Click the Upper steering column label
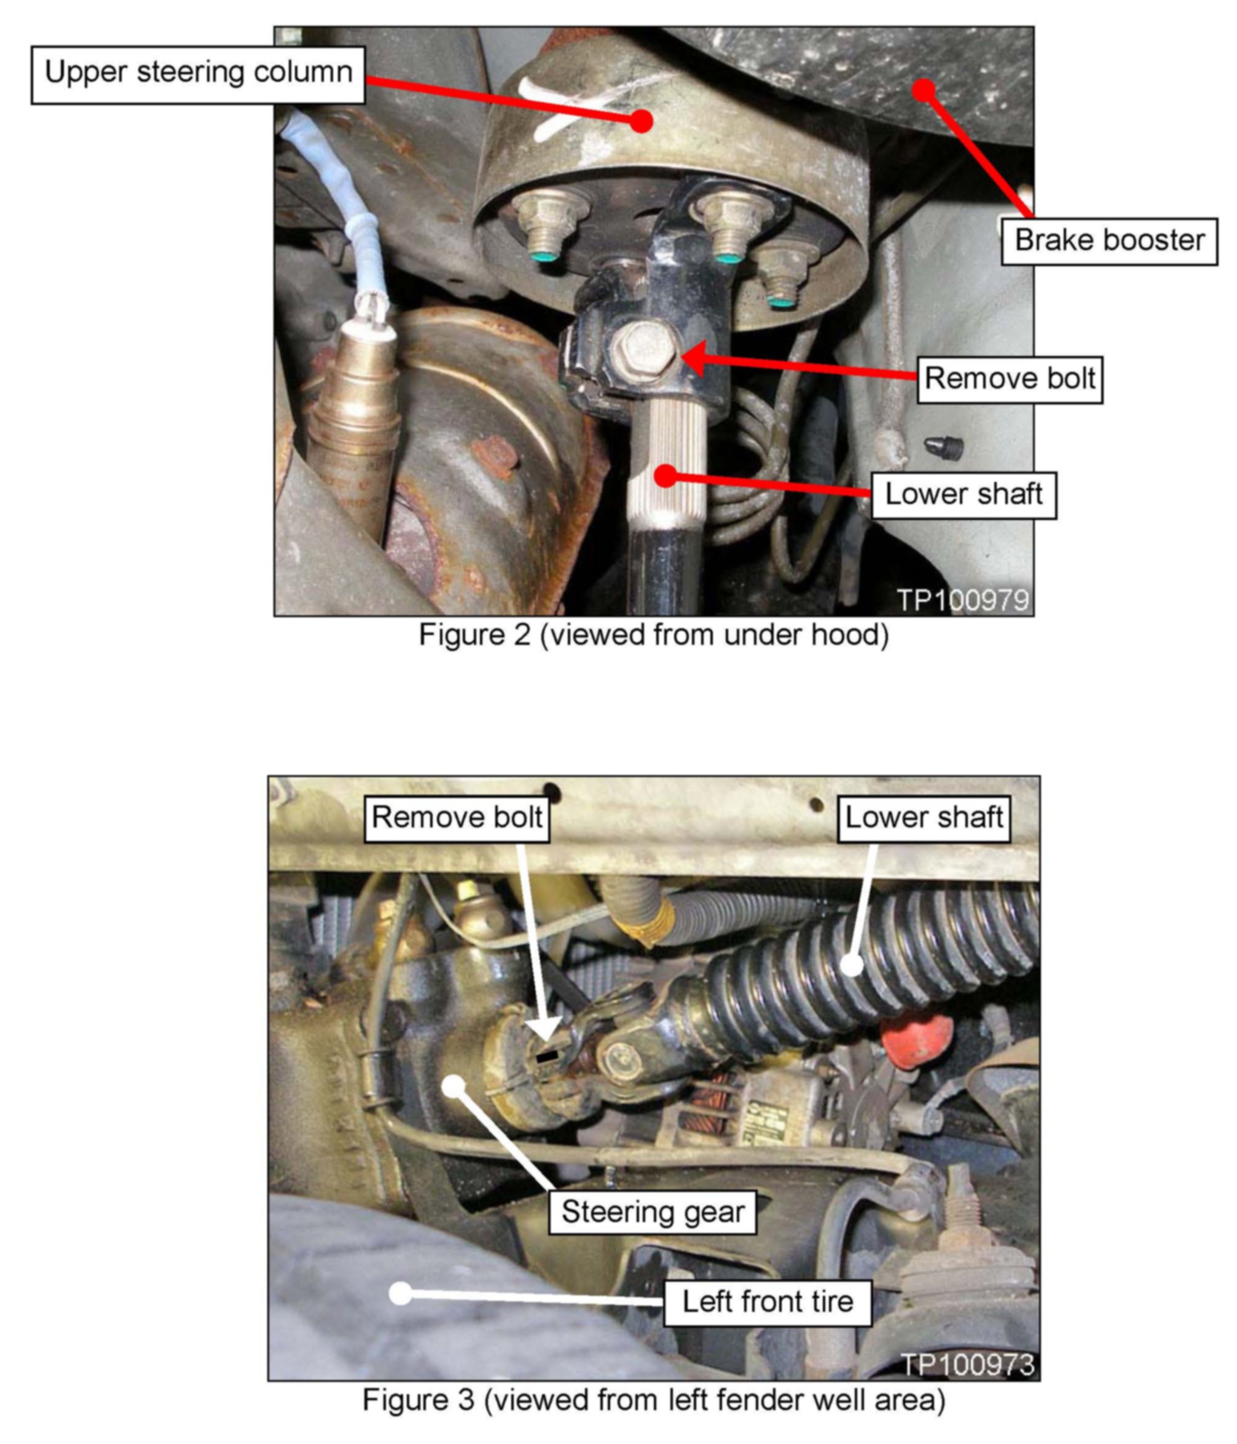click(198, 75)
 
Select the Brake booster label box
click(1109, 241)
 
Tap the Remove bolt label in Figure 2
click(1009, 380)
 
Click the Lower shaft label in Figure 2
click(964, 495)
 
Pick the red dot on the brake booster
click(924, 90)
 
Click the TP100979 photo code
click(962, 600)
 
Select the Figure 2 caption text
click(653, 635)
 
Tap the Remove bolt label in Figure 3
click(457, 818)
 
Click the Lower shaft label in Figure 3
click(924, 818)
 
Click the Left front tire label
click(768, 1301)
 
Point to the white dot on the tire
click(400, 1293)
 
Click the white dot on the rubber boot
click(850, 965)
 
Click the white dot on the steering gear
click(454, 1086)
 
